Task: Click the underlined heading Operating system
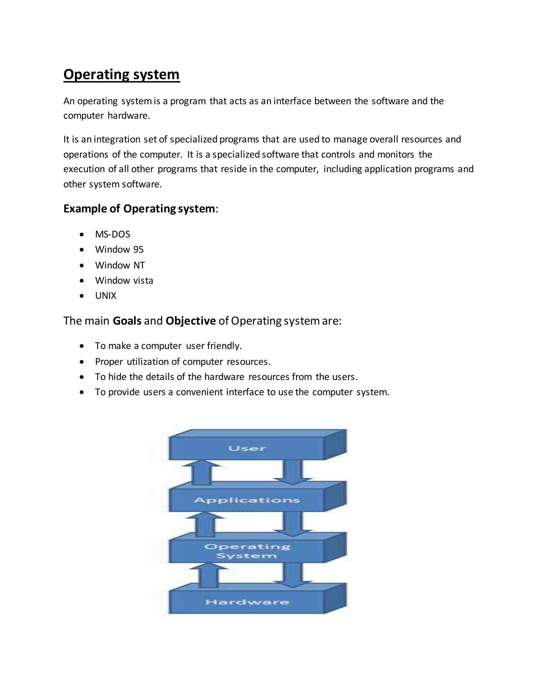pyautogui.click(x=121, y=75)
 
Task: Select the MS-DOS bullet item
pyautogui.click(x=112, y=235)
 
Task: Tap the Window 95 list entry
pyautogui.click(x=119, y=250)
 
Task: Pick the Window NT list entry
pyautogui.click(x=120, y=265)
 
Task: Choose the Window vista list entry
pyautogui.click(x=124, y=281)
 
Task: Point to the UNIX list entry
pyautogui.click(x=106, y=296)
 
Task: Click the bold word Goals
pyautogui.click(x=127, y=321)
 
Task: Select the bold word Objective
pyautogui.click(x=191, y=321)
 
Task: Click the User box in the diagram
pyautogui.click(x=247, y=448)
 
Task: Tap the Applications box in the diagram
pyautogui.click(x=247, y=500)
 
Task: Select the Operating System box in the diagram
pyautogui.click(x=247, y=551)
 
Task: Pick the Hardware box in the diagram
pyautogui.click(x=247, y=602)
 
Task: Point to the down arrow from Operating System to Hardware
pyautogui.click(x=293, y=575)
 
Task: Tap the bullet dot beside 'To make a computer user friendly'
pyautogui.click(x=82, y=346)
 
